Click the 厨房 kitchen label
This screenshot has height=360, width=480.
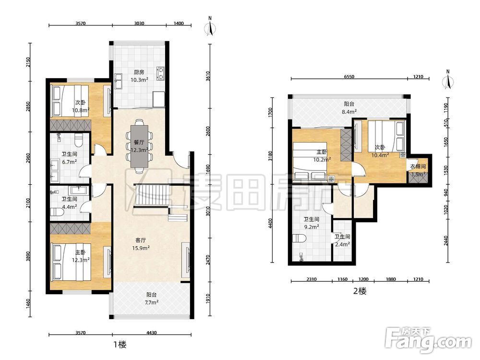139,72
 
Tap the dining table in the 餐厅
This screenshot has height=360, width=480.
139,146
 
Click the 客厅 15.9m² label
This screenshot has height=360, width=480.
141,244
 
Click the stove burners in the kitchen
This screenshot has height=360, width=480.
160,73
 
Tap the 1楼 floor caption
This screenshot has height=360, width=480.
120,344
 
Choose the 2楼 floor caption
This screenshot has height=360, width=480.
360,291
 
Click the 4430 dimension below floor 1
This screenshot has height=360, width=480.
152,333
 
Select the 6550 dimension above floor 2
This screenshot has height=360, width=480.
349,76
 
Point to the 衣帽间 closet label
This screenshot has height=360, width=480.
418,167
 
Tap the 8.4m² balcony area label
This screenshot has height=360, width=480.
349,112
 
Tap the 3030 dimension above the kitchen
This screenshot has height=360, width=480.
139,23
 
